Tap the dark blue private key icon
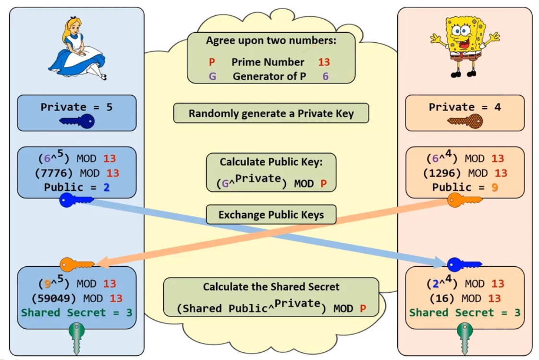(77, 121)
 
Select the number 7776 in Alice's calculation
(61, 173)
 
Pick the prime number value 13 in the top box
(324, 62)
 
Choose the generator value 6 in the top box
(325, 76)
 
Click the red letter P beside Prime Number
(212, 62)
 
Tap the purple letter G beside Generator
(212, 76)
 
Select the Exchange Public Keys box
(271, 215)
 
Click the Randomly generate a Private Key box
(271, 114)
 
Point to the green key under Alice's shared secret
(77, 337)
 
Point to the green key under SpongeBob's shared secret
(465, 337)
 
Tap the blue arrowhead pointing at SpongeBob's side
(439, 262)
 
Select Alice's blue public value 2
(106, 187)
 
